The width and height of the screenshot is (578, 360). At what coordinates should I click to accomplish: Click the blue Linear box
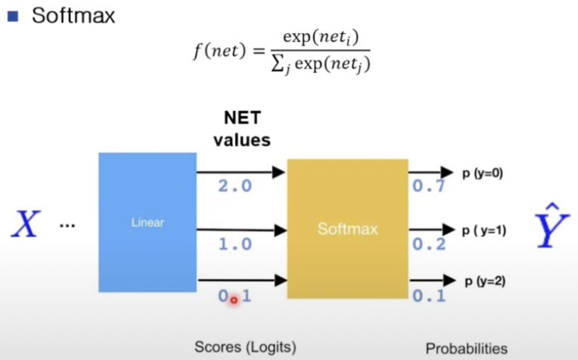(148, 222)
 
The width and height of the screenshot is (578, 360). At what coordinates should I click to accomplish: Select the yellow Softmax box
(347, 227)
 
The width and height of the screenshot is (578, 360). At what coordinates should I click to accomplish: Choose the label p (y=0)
(483, 173)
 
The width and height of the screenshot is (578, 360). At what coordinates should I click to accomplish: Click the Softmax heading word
(73, 16)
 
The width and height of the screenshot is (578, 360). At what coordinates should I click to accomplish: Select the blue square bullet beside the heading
(12, 17)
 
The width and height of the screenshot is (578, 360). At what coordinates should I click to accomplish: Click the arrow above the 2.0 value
(241, 172)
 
